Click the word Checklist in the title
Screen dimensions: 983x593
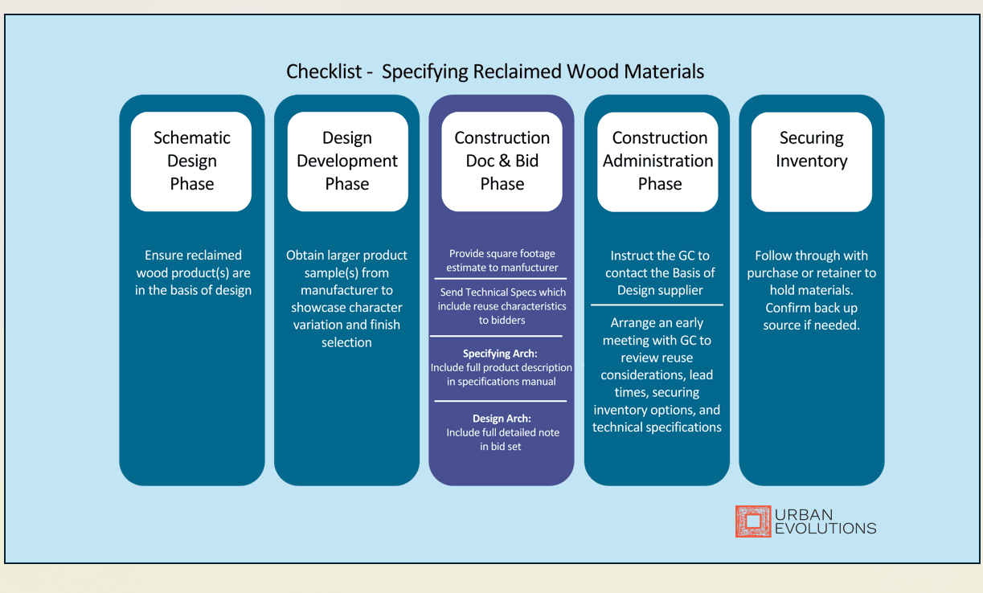(x=324, y=72)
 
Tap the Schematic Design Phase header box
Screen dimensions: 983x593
(x=191, y=162)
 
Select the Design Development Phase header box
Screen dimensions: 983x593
(x=347, y=162)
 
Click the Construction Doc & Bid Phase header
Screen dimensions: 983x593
(x=502, y=162)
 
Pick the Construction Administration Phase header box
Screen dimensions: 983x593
(x=657, y=162)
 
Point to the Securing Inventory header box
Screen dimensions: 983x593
(x=812, y=162)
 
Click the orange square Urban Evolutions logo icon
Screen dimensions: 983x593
(x=753, y=521)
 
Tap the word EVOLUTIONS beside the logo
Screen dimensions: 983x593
(x=825, y=529)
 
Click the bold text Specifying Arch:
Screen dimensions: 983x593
(x=500, y=354)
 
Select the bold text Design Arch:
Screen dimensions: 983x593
(x=502, y=419)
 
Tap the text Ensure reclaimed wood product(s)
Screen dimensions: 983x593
(x=193, y=264)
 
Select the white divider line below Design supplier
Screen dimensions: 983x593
(x=657, y=305)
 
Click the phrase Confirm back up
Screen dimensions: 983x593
(x=812, y=308)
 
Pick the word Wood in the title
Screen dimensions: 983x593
(x=592, y=72)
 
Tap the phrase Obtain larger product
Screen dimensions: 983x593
(x=346, y=256)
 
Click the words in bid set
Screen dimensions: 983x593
(x=500, y=447)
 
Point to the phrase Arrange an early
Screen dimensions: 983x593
(x=657, y=323)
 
